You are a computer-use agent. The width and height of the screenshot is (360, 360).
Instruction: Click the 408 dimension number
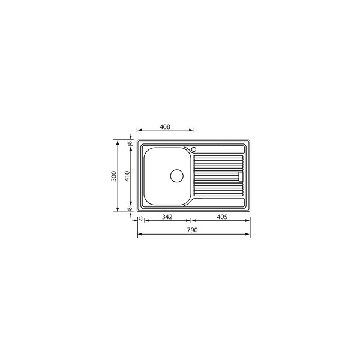click(x=165, y=127)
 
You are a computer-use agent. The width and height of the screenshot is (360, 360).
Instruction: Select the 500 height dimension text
click(x=114, y=176)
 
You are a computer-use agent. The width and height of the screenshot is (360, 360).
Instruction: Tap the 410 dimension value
click(x=127, y=176)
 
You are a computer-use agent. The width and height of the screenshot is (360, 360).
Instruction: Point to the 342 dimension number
click(x=167, y=217)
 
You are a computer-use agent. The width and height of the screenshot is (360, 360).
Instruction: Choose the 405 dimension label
click(x=222, y=217)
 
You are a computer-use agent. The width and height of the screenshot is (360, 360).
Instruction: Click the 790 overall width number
click(x=192, y=230)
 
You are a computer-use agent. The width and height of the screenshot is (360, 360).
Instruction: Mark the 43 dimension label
click(x=141, y=218)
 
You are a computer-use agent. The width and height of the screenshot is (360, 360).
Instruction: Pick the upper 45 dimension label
click(x=130, y=143)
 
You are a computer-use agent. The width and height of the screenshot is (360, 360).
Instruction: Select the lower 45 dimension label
click(x=130, y=209)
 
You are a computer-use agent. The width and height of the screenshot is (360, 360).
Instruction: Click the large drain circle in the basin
click(x=177, y=176)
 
